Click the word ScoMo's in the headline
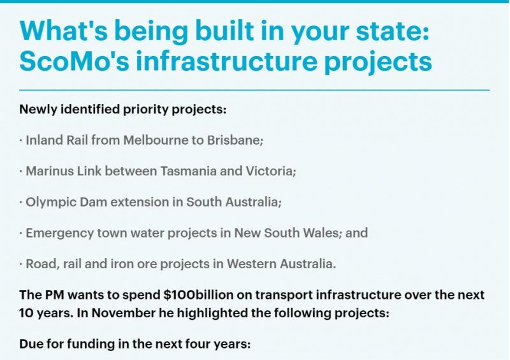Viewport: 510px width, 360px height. (75, 61)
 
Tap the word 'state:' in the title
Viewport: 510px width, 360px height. (393, 30)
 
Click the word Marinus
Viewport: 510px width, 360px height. (50, 171)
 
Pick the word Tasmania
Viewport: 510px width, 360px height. (188, 171)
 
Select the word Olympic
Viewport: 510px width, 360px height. (50, 202)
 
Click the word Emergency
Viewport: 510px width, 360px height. (59, 233)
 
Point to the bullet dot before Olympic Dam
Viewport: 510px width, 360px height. (21, 203)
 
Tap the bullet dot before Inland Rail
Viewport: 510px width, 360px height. (21, 140)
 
